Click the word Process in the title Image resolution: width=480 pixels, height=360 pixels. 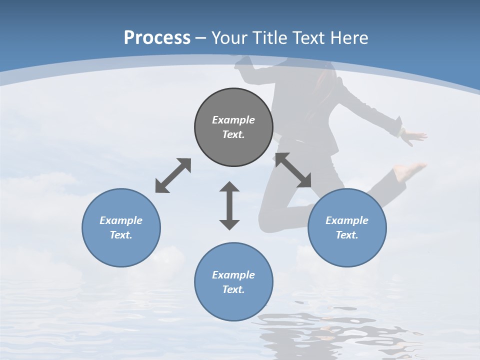point(157,37)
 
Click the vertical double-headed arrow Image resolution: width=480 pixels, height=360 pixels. point(229,205)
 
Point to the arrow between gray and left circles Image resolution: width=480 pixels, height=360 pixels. point(173,175)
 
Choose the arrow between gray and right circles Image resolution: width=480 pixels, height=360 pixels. point(293,170)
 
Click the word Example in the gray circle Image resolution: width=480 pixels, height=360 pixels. point(233,120)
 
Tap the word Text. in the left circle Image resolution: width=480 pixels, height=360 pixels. point(121,235)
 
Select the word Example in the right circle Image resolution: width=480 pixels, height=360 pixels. point(347,220)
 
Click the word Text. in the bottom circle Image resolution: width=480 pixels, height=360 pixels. point(233,289)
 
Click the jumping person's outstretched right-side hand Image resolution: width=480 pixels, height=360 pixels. point(415,135)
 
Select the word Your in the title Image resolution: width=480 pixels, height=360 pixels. point(229,37)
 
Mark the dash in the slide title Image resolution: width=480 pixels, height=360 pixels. point(200,38)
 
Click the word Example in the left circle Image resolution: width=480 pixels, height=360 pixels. point(121,220)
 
